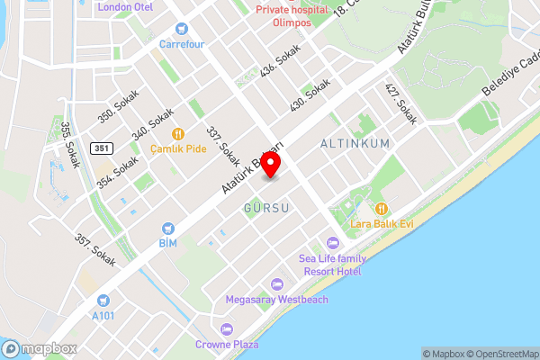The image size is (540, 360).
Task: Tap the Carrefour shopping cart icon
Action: click(181, 29)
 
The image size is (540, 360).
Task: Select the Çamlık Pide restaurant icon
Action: click(178, 133)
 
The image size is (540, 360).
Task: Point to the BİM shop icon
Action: click(167, 229)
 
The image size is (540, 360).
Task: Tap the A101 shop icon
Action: click(103, 301)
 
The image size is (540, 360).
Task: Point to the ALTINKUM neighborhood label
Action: click(355, 143)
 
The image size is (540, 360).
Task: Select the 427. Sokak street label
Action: click(401, 104)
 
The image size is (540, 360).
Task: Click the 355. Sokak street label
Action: click(71, 144)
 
